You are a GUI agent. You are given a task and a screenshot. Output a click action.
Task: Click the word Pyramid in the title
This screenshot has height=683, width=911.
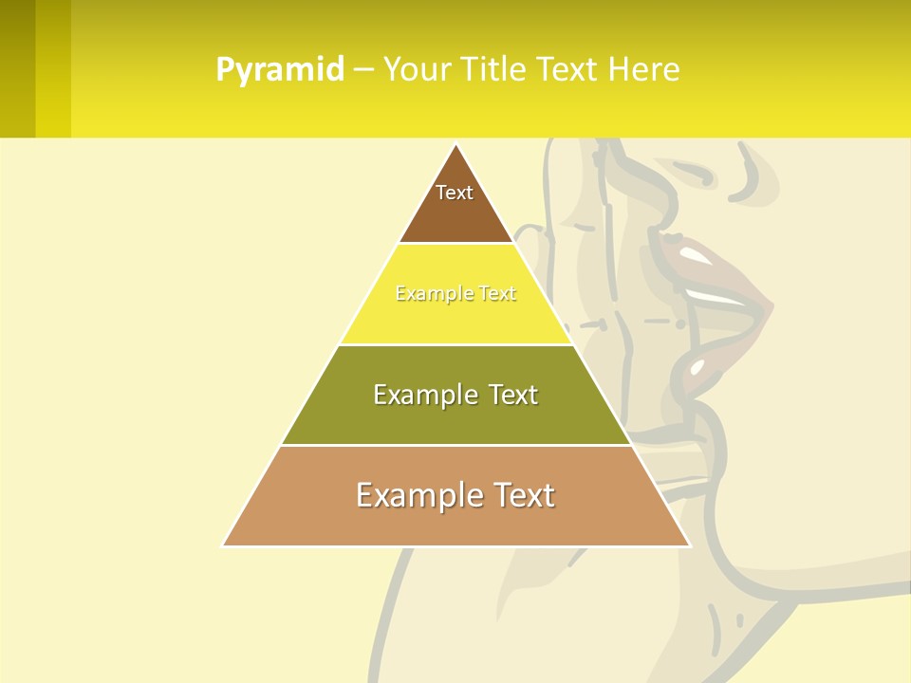tap(280, 70)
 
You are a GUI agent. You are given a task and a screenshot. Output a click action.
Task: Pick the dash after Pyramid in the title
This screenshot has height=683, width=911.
tap(363, 70)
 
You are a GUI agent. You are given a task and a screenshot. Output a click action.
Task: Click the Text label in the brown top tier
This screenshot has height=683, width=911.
tap(455, 193)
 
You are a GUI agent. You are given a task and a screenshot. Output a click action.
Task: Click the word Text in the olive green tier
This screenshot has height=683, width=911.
tap(511, 395)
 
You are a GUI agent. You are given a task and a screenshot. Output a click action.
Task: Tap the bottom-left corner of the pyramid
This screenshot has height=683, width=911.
tap(223, 545)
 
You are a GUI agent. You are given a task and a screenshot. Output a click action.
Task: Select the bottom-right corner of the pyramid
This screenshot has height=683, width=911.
tap(690, 545)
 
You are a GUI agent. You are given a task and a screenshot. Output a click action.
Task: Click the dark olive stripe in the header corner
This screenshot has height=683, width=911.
tap(17, 68)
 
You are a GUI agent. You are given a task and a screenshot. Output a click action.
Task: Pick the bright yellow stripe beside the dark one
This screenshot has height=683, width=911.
tap(53, 68)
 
